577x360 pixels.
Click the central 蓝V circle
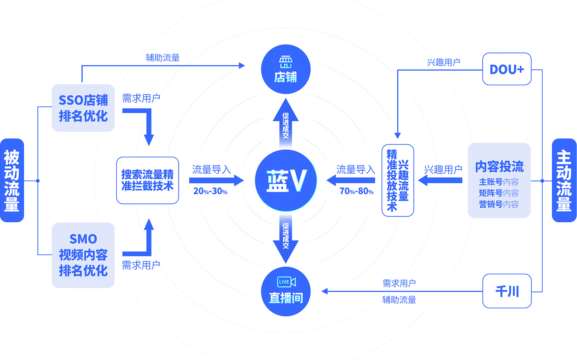coord(286,180)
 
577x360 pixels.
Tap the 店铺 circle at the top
coord(286,69)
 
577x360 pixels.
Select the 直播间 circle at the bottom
coord(286,291)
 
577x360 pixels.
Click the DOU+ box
coord(506,69)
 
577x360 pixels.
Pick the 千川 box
coord(506,291)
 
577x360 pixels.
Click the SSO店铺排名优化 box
coord(83,108)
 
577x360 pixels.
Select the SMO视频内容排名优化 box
coord(83,255)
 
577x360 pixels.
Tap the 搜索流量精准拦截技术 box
coord(147,180)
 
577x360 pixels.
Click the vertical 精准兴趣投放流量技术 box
coord(397,180)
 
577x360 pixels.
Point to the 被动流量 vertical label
coord(12,180)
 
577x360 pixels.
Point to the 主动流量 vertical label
coord(564,180)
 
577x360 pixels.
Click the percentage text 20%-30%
coord(210,191)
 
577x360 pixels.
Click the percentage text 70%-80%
coord(356,191)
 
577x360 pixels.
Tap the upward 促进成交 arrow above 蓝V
coord(286,124)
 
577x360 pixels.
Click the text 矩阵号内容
coord(499,193)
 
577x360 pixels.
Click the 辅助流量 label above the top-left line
coord(162,58)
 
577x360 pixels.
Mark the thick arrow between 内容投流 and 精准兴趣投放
coord(440,180)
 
